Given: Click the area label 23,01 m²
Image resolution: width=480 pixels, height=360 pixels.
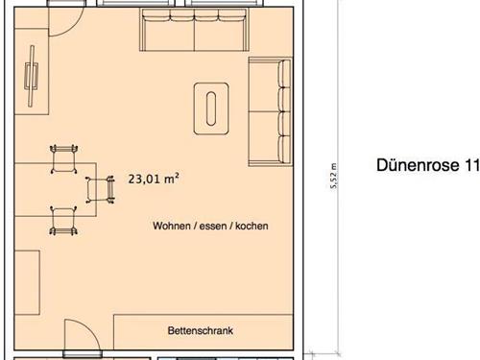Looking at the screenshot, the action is (154, 179).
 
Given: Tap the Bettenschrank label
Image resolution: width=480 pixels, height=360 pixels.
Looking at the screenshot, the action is (201, 330).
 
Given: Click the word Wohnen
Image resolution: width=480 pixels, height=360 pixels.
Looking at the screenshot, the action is (172, 226).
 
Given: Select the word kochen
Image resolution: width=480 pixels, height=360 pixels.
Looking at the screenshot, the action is (252, 226).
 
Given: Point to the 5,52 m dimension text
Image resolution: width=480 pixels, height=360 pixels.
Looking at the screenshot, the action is (333, 176).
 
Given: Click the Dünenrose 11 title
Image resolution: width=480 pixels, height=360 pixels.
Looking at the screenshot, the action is (428, 165).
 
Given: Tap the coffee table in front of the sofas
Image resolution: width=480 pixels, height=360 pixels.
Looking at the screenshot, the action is (211, 108).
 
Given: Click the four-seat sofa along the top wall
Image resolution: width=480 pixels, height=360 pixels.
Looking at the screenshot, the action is (194, 30).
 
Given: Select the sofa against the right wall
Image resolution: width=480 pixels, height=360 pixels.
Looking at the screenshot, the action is (271, 111).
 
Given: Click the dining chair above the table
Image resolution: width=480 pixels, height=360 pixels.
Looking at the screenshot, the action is (64, 158).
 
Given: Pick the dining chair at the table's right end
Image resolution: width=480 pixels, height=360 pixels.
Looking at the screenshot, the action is (100, 190).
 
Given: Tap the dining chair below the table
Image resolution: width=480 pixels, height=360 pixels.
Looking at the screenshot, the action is (63, 221).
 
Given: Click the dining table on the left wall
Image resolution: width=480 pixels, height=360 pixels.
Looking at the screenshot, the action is (56, 190).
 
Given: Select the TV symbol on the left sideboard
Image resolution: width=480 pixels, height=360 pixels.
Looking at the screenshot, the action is (32, 76).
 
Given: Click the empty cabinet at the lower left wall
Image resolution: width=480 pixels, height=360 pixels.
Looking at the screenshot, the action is (27, 282).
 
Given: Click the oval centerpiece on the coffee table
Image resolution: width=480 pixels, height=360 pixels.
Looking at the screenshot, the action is (211, 108).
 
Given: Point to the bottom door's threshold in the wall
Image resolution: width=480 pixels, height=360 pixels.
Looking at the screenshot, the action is (83, 354).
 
